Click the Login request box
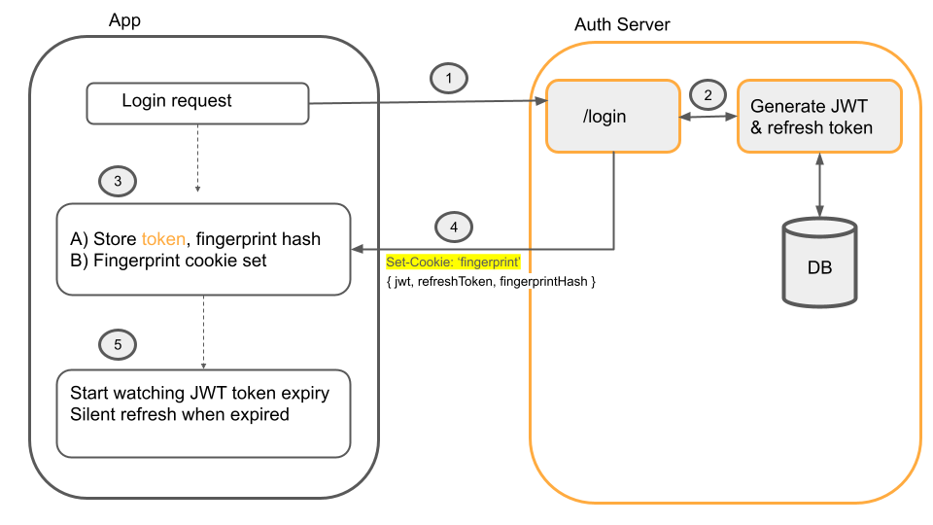pyautogui.click(x=198, y=103)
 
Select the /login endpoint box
pyautogui.click(x=612, y=117)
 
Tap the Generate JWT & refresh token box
pyautogui.click(x=819, y=117)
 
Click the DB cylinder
pyautogui.click(x=819, y=265)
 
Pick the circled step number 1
pyautogui.click(x=448, y=78)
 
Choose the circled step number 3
pyautogui.click(x=118, y=181)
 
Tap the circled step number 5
pyautogui.click(x=118, y=343)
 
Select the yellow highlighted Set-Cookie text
pyautogui.click(x=454, y=263)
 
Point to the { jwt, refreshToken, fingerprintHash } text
pyautogui.click(x=491, y=281)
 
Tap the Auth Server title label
pyautogui.click(x=622, y=24)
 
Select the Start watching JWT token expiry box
pyautogui.click(x=203, y=412)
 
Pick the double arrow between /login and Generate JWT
pyautogui.click(x=708, y=118)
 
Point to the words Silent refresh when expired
pyautogui.click(x=180, y=414)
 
